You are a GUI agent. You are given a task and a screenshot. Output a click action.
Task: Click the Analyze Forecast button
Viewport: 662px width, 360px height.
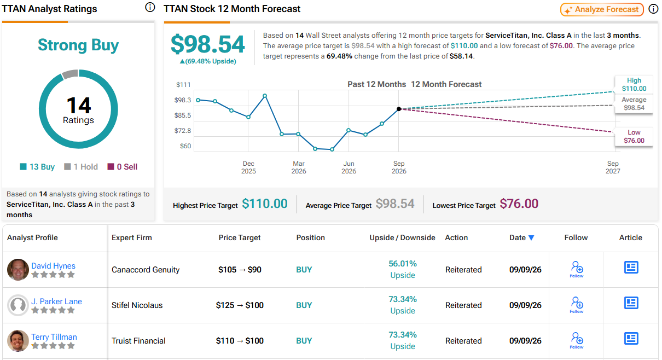[602, 9]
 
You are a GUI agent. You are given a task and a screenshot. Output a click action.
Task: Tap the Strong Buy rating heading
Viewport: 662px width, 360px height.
[78, 45]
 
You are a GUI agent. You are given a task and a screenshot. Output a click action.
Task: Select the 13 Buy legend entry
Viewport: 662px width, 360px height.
[37, 167]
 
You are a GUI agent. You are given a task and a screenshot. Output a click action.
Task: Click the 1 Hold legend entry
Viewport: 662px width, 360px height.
[81, 167]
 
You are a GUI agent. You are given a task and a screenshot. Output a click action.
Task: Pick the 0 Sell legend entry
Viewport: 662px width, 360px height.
[123, 167]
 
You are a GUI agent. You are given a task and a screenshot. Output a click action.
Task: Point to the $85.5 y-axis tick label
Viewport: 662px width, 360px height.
[183, 115]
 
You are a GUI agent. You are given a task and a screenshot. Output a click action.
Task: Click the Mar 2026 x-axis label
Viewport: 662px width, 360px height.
[299, 167]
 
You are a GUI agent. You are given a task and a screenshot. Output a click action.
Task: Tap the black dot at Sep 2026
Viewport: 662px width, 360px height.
[399, 109]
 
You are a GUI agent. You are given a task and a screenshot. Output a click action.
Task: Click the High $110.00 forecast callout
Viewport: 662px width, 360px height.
[634, 85]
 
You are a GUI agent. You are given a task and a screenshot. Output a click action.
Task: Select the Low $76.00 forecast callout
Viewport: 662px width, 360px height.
[634, 137]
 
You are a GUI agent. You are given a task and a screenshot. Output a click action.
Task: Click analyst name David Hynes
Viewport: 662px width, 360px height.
[53, 266]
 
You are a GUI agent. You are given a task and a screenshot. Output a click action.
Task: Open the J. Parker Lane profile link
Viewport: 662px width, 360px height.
[56, 301]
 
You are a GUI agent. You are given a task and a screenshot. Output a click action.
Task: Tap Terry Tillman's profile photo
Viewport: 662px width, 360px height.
[18, 340]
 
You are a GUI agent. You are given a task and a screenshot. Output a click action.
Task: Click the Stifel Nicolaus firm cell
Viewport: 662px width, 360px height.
[137, 305]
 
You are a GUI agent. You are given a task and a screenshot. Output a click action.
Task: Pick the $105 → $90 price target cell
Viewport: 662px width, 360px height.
[240, 270]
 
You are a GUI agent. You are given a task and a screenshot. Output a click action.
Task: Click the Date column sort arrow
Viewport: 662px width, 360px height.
[531, 238]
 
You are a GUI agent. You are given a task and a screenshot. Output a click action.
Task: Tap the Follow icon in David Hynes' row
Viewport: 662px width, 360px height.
[577, 269]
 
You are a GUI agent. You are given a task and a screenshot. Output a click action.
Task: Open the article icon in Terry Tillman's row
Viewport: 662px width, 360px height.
[631, 339]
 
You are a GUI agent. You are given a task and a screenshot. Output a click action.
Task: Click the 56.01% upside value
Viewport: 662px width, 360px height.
[403, 264]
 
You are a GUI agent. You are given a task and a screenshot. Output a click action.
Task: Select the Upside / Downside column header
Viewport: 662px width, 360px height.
[402, 237]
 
